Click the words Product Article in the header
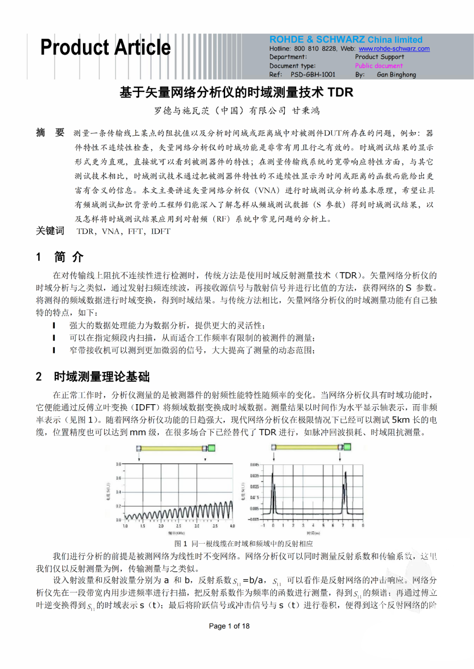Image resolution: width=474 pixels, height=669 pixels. coord(105,47)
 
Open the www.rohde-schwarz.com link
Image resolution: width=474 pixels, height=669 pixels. coord(394,49)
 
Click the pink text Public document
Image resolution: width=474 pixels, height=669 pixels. coord(379,66)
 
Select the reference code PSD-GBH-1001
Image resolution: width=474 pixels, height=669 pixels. coord(313,75)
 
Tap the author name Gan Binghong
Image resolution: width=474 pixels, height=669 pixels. coord(396,75)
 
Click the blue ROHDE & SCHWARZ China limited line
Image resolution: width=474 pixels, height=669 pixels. coord(346,39)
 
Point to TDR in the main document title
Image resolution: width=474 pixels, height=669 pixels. coord(340,93)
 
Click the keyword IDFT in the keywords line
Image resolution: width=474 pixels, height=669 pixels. coord(161,231)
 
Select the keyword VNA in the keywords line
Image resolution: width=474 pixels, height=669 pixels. coord(111,231)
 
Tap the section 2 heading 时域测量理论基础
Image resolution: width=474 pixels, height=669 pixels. coord(101,377)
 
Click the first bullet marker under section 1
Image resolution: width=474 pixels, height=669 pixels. coord(54,325)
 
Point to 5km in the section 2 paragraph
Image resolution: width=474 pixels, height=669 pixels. coord(401,420)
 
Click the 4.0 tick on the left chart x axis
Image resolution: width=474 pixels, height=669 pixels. coord(232,526)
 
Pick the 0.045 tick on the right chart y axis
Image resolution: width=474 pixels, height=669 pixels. coord(255,465)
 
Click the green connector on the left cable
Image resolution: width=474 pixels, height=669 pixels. coord(212,448)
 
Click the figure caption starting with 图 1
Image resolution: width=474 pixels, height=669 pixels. coord(244,544)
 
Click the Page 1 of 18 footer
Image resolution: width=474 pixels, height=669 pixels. coord(229,626)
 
